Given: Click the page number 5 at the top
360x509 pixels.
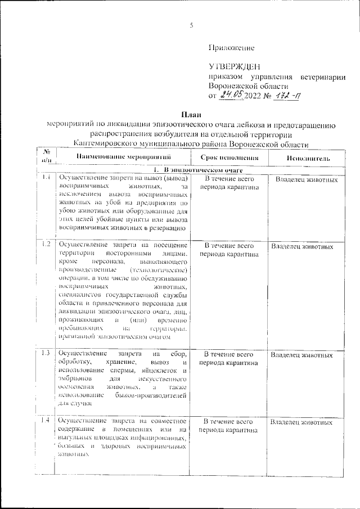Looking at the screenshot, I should [x=191, y=25].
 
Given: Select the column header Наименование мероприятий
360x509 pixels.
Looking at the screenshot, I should [x=121, y=158].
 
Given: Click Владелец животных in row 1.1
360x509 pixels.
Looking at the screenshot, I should [x=307, y=180].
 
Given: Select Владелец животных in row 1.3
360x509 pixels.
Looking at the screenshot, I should [x=301, y=355].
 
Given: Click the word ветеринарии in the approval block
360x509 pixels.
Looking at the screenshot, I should [x=320, y=76].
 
